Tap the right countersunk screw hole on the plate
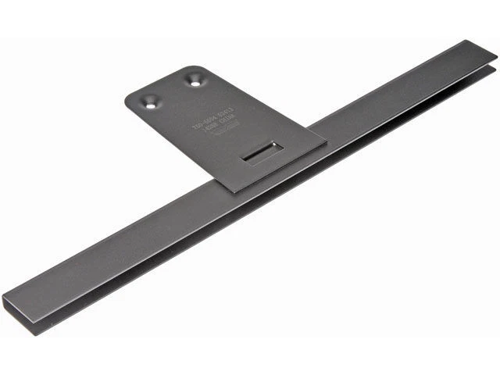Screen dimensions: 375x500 point(193,78)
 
